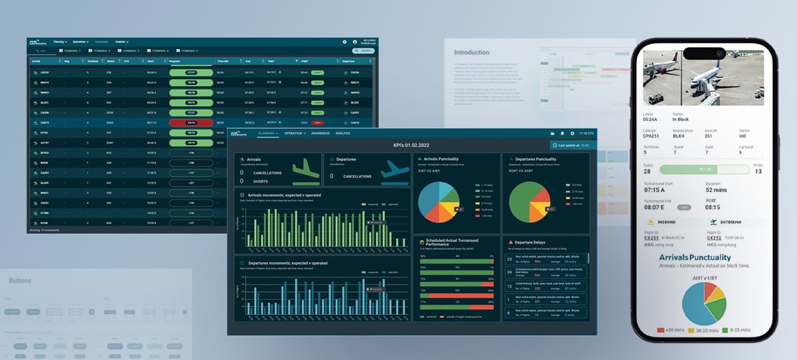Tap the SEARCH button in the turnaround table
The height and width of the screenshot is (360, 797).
[363, 51]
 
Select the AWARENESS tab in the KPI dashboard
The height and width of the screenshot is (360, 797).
[320, 133]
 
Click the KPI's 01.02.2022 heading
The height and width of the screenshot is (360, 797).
[411, 145]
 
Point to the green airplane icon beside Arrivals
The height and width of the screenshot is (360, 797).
[306, 169]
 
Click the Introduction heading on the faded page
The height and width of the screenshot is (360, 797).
[472, 53]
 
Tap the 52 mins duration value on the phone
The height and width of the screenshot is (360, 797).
[716, 190]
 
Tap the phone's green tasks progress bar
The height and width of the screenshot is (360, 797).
[705, 169]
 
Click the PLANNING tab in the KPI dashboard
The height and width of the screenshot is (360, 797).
[267, 133]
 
